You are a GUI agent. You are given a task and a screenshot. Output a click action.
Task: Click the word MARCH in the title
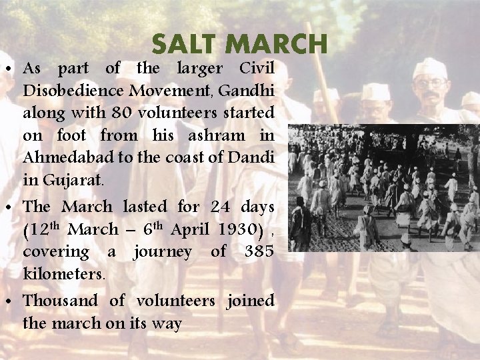click(277, 45)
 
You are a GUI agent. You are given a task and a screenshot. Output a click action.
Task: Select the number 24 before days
click(220, 207)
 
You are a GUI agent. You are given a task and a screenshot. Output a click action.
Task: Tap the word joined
click(250, 301)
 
